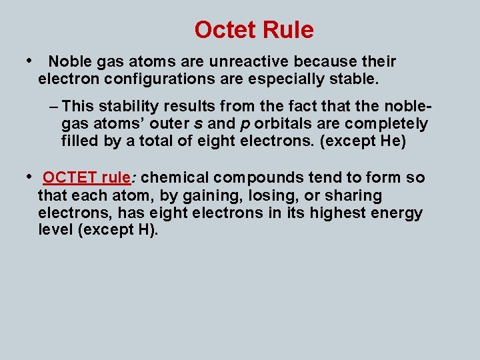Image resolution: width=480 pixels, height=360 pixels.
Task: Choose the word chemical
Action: (175, 178)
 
